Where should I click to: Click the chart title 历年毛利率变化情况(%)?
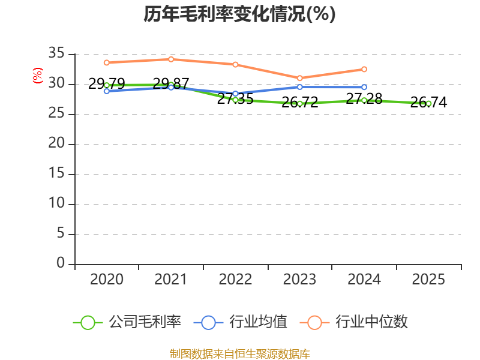click(239, 14)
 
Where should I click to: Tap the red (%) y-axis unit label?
click(38, 76)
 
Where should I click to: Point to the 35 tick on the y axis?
click(56, 53)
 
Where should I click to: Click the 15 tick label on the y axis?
click(56, 173)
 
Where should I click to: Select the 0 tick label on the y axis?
click(61, 263)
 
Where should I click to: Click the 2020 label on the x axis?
click(107, 279)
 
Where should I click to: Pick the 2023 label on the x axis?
click(299, 279)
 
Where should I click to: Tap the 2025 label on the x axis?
click(428, 279)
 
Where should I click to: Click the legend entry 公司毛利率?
click(127, 322)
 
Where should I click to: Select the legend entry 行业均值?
click(241, 322)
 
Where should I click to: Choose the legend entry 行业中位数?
click(353, 322)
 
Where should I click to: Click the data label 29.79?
click(107, 83)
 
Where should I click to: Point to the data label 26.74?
click(428, 102)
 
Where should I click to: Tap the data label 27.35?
click(235, 98)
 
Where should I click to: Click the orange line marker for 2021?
click(171, 59)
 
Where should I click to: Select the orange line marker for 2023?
click(299, 78)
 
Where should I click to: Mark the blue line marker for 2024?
click(364, 87)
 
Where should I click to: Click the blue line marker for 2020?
click(107, 91)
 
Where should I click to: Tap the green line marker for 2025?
click(428, 104)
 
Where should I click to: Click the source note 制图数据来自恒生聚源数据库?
click(240, 354)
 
